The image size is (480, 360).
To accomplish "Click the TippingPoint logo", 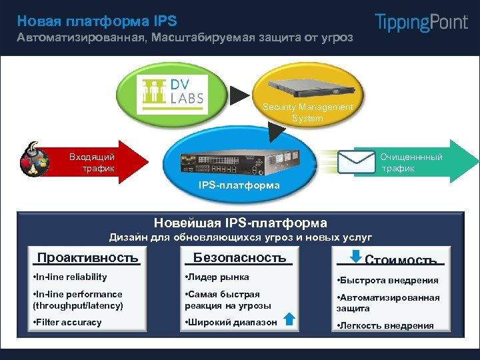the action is coord(421,22).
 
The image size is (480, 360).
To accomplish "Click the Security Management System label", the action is coord(307,113).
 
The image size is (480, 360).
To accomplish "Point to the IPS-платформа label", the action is coord(239,185).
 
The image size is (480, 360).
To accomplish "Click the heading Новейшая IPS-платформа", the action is coord(240,223).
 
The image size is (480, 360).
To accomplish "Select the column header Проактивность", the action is coord(87,258).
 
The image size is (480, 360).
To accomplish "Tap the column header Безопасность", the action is coord(239,258).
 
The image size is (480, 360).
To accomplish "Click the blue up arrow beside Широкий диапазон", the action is coord(289,319).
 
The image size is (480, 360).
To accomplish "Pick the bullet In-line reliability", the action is coord(69,277).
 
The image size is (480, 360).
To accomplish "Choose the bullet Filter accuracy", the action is coord(67,322).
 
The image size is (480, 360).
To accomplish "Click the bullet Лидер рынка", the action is coord(217,277).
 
